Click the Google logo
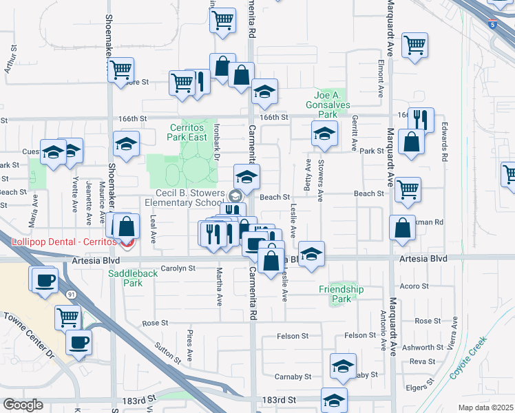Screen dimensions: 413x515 pyautogui.click(x=23, y=404)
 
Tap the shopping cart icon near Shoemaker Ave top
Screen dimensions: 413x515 pyautogui.click(x=120, y=70)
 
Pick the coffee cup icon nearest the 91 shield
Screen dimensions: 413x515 pyautogui.click(x=44, y=280)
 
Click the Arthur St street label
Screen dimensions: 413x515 pyautogui.click(x=10, y=60)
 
